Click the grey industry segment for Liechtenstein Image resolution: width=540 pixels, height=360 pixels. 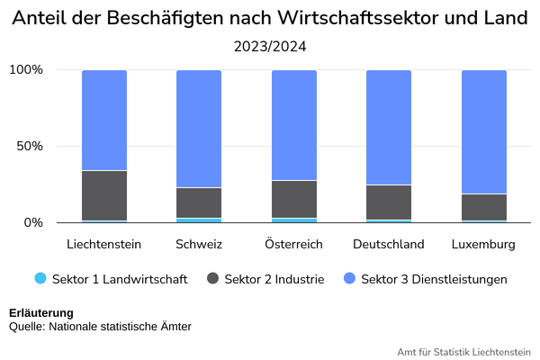click(104, 195)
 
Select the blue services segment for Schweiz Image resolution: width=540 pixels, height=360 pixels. click(199, 129)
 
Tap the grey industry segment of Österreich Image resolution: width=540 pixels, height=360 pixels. click(294, 199)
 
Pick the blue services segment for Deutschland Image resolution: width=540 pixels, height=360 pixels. click(389, 128)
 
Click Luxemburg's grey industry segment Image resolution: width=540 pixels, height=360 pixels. click(484, 207)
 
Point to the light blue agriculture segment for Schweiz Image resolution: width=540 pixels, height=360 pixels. click(199, 220)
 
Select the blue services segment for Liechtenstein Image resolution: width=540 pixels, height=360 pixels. click(104, 121)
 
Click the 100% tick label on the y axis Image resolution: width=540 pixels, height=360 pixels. click(26, 69)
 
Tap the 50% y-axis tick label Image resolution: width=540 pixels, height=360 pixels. click(30, 146)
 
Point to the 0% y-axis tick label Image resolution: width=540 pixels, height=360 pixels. click(33, 222)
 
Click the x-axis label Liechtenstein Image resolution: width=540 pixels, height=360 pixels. click(104, 244)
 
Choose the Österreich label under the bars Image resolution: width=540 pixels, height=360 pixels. click(293, 244)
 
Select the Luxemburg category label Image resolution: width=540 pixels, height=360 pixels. click(483, 244)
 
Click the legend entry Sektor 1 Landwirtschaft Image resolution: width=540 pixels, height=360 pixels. click(111, 279)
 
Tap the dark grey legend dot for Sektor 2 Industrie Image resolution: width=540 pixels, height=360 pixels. click(212, 278)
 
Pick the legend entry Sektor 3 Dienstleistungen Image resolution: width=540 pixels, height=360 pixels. click(426, 279)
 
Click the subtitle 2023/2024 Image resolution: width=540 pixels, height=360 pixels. click(270, 47)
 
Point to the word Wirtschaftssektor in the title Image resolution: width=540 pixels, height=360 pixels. click(358, 18)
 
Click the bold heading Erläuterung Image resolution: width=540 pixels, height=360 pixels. click(41, 313)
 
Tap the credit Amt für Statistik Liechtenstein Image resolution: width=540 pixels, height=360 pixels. click(463, 352)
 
